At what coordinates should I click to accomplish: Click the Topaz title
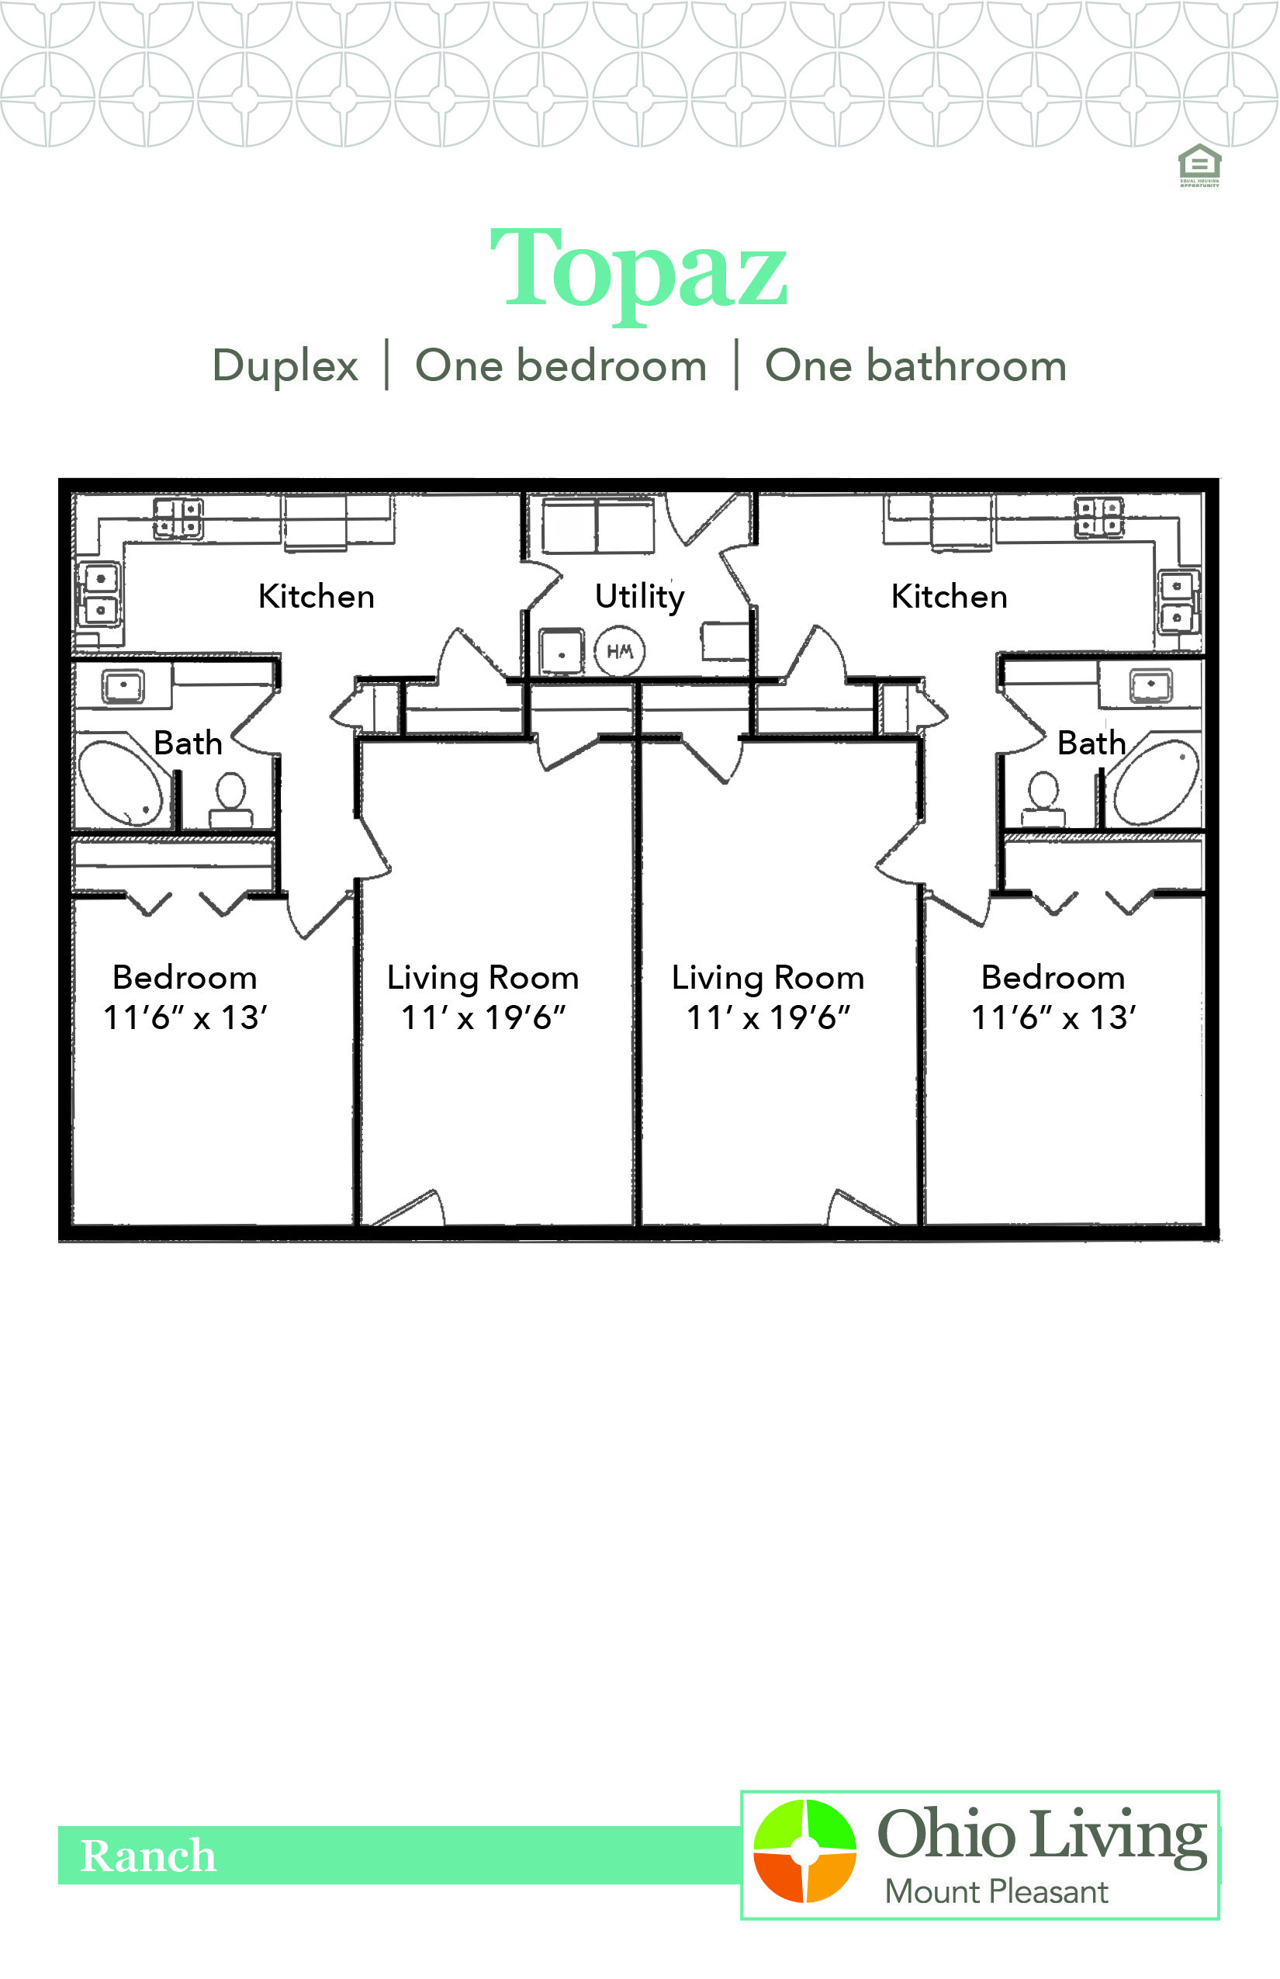[x=638, y=271]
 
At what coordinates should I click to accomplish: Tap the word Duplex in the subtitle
[x=285, y=366]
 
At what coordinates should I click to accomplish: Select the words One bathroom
[x=915, y=366]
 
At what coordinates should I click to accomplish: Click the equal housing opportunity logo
[x=1199, y=165]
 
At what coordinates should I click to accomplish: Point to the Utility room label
[x=639, y=597]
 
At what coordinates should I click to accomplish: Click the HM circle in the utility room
[x=620, y=651]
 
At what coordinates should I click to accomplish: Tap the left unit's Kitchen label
[x=316, y=597]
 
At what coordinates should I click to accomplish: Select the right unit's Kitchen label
[x=948, y=597]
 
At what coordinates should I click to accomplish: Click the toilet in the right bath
[x=1044, y=799]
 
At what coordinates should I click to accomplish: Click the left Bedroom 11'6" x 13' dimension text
[x=185, y=1017]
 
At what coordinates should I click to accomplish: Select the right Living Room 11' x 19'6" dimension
[x=767, y=1017]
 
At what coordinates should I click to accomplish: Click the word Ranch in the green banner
[x=148, y=1855]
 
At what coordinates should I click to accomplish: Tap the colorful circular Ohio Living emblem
[x=804, y=1851]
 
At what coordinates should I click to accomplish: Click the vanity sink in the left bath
[x=123, y=686]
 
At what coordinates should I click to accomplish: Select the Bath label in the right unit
[x=1090, y=743]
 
